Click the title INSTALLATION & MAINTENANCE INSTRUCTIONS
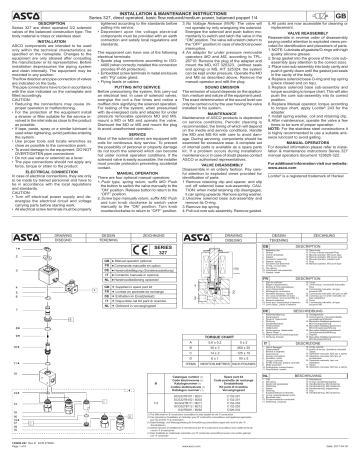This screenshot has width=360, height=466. coord(181,4)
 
